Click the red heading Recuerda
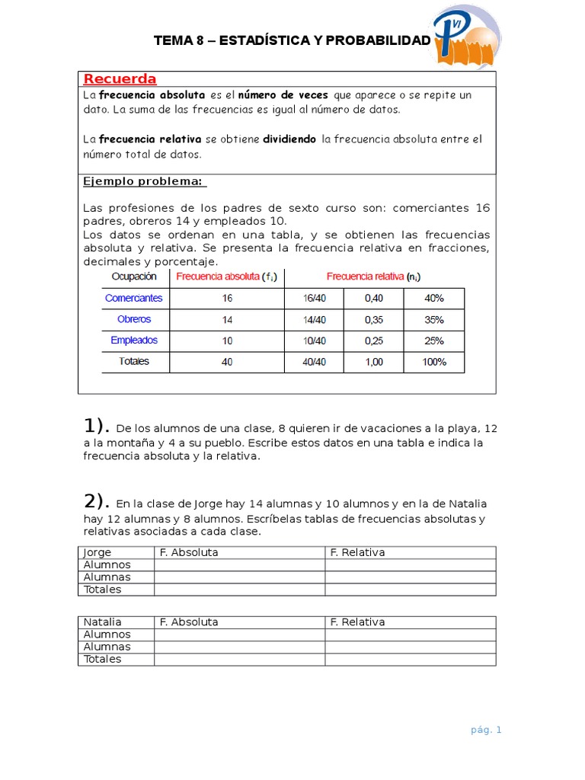[x=120, y=79]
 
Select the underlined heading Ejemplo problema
[x=144, y=181]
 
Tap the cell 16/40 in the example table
[x=314, y=299]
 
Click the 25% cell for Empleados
[x=434, y=340]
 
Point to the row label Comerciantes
[x=134, y=299]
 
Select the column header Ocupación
[x=134, y=277]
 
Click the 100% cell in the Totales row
[x=434, y=362]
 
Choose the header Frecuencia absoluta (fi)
[x=226, y=277]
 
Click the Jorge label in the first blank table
[x=97, y=552]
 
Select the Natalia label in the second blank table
[x=102, y=622]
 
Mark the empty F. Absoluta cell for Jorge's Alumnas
[x=239, y=577]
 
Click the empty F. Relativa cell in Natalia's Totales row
[x=410, y=660]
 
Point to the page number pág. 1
[x=486, y=730]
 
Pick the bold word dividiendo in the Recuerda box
[x=289, y=139]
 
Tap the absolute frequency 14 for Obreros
[x=227, y=320]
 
